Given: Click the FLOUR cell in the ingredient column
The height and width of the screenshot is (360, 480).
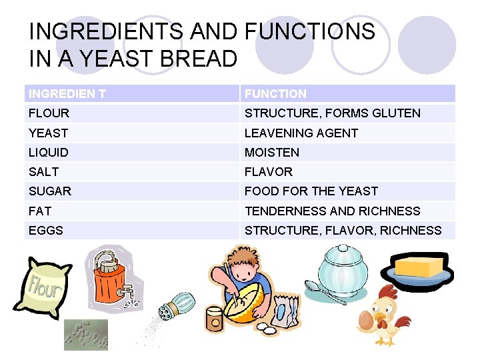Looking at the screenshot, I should [49, 113].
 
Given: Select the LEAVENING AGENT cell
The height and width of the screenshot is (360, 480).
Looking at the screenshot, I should [301, 133].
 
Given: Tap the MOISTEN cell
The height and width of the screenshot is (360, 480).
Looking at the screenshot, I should [272, 152].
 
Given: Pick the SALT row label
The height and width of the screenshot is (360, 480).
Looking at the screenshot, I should [44, 171].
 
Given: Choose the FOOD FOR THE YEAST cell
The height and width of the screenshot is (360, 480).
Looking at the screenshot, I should [311, 191].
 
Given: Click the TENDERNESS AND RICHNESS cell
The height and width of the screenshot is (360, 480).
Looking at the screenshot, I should [332, 211].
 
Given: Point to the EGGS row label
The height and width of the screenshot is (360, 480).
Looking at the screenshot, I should [46, 230].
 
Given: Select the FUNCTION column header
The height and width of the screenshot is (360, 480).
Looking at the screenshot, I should [275, 94].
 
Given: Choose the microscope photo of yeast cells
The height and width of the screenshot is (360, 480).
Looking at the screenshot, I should [85, 335].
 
